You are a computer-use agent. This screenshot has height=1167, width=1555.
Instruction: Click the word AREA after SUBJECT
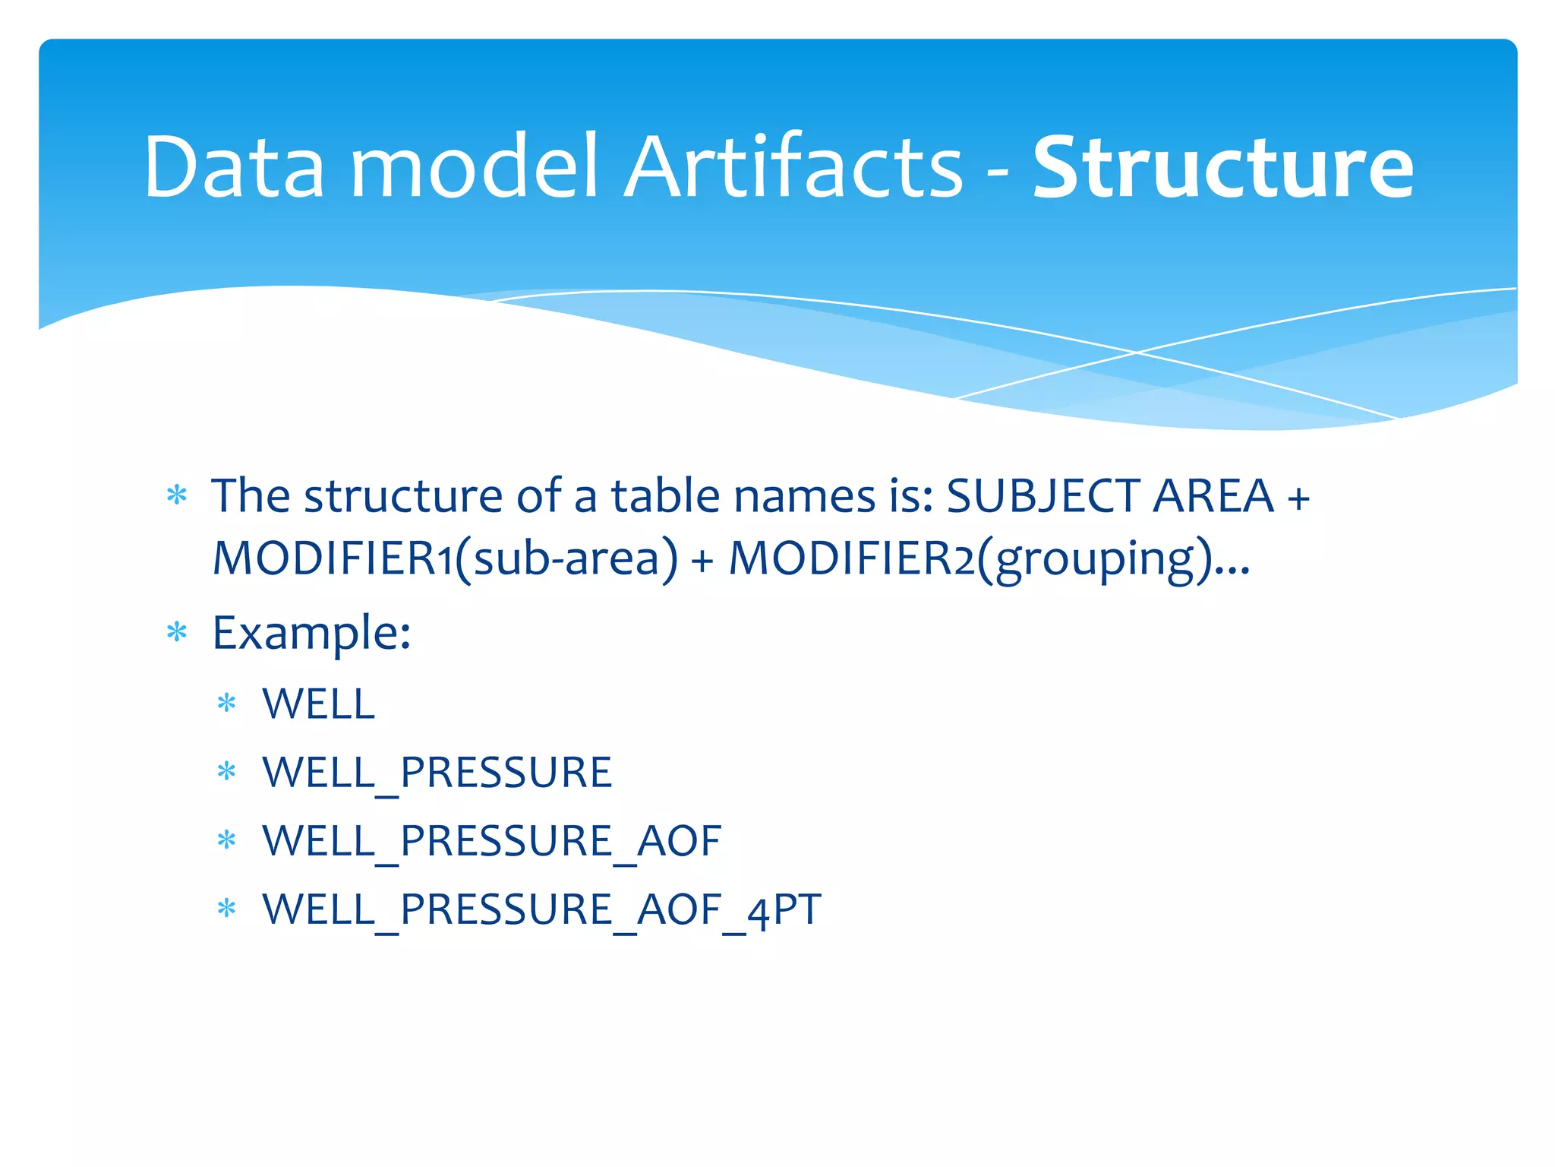coord(1213,497)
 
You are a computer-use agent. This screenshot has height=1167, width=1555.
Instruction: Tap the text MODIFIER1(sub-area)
coord(445,559)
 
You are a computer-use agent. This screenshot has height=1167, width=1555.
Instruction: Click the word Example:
coord(311,633)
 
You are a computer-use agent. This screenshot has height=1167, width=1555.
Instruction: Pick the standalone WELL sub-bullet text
coord(318,704)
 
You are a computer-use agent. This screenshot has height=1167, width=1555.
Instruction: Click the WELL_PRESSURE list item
coord(437,773)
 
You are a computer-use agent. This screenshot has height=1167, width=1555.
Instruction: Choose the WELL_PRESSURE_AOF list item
coord(491,841)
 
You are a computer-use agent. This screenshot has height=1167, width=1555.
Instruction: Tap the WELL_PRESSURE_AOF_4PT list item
coord(541,909)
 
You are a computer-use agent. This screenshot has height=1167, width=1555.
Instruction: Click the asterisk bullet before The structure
coord(177,496)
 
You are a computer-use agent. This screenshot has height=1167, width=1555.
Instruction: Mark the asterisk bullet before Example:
coord(177,632)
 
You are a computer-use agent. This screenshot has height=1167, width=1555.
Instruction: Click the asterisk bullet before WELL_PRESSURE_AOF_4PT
coord(226,908)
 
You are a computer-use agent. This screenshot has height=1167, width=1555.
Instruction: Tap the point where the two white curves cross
coord(1137,353)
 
